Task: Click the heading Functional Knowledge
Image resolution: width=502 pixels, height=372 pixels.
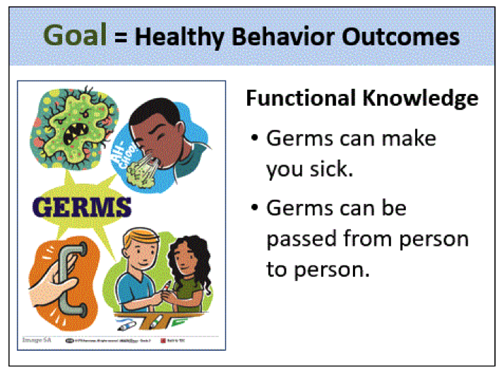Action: point(361,99)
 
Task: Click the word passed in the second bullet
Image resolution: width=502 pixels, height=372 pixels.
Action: point(301,239)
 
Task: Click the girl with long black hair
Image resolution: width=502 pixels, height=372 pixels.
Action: point(187,268)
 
